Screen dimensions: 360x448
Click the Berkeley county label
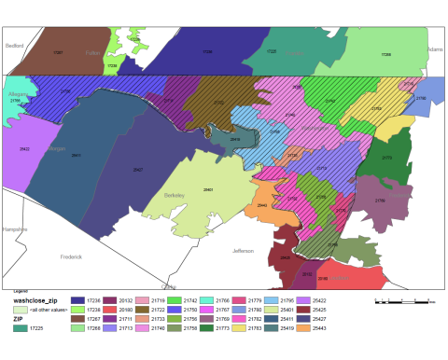175,195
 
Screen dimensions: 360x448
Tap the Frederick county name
71,256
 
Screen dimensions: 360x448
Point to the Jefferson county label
243,251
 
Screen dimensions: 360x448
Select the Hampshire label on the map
15,228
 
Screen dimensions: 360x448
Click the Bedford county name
14,45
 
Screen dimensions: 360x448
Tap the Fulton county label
92,53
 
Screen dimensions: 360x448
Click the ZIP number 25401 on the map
208,189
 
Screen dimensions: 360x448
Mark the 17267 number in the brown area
58,52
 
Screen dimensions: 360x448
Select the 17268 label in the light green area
386,55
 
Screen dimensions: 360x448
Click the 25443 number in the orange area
262,205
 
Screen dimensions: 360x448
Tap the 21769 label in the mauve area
379,201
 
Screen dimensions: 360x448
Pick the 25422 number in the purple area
24,149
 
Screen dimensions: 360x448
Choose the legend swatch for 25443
306,328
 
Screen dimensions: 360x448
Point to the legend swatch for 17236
78,301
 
